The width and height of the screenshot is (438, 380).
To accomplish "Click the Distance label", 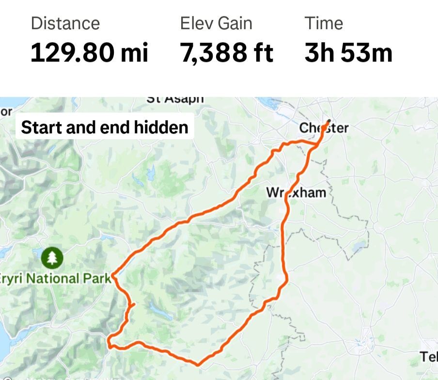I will tap(65, 23).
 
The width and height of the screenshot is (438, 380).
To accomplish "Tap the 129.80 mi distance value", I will tap(89, 52).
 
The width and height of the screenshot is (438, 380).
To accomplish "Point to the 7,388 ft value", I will tap(227, 52).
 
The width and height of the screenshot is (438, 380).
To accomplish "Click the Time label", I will tap(324, 23).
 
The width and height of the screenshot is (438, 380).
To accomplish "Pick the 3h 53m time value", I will tap(348, 52).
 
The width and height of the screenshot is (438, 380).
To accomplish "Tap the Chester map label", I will tap(324, 128).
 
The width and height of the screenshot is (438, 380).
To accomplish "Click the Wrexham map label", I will tap(296, 192).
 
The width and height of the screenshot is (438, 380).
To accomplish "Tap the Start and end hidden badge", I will tap(105, 127).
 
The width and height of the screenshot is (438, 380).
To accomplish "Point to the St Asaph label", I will tap(175, 99).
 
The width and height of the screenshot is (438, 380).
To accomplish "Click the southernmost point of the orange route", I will tap(198, 364).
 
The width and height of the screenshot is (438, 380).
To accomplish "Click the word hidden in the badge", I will tap(161, 127).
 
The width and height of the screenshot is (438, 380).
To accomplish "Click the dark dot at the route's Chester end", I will tap(329, 121).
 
